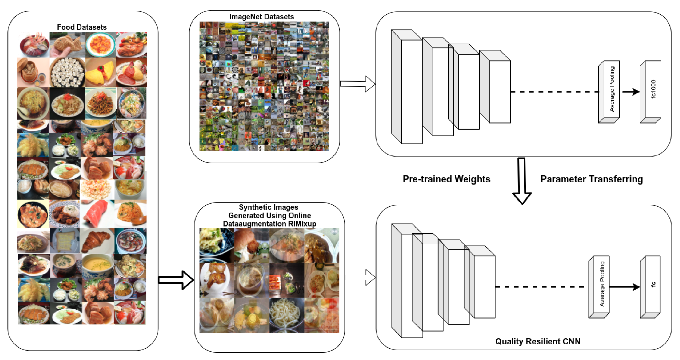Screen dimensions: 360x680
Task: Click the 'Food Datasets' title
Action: pyautogui.click(x=82, y=27)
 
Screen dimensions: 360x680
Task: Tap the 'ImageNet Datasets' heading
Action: pyautogui.click(x=261, y=17)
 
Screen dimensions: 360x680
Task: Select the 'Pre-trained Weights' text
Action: pyautogui.click(x=446, y=179)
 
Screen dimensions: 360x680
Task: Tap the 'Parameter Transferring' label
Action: pyautogui.click(x=591, y=179)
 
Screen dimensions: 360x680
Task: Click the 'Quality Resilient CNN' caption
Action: pyautogui.click(x=537, y=341)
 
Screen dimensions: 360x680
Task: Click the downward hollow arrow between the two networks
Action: pyautogui.click(x=522, y=182)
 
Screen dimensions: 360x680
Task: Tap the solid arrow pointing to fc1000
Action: pyautogui.click(x=631, y=92)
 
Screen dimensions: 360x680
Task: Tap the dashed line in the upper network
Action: pyautogui.click(x=554, y=92)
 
